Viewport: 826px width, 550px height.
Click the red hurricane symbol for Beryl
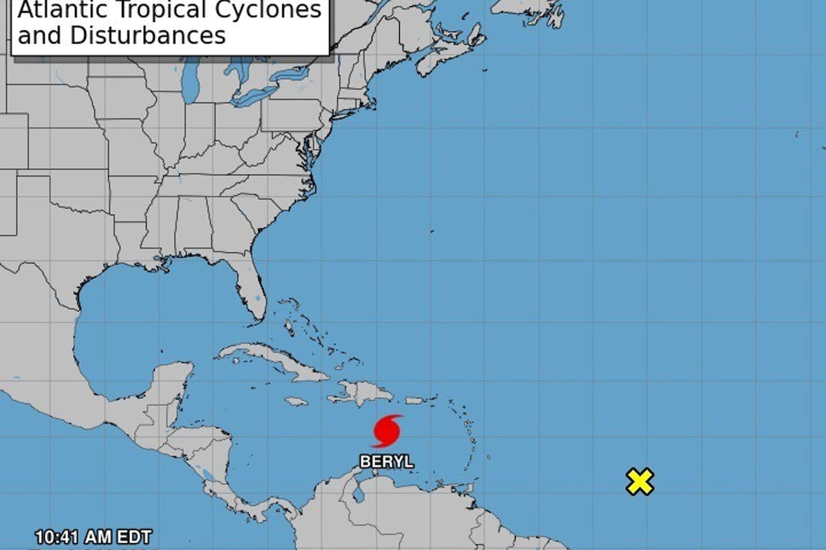click(387, 431)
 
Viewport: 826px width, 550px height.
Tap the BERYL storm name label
click(387, 461)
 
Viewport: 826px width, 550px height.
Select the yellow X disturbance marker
click(639, 482)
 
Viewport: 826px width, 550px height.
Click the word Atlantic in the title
click(57, 11)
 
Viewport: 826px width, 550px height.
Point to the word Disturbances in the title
click(158, 34)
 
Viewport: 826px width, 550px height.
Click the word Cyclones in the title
click(275, 11)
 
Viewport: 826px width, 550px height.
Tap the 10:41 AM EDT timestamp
click(94, 536)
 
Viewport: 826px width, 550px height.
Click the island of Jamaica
click(296, 400)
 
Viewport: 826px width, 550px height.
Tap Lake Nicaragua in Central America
click(206, 474)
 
